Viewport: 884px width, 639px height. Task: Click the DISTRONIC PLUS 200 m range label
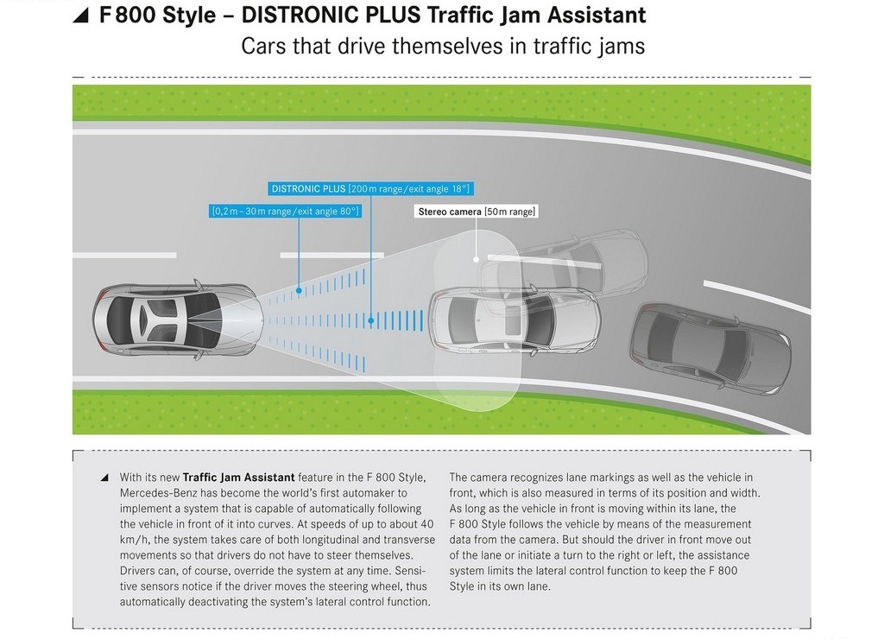click(x=369, y=189)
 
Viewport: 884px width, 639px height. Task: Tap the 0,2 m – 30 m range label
click(x=285, y=212)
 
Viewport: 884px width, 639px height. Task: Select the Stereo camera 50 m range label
click(x=477, y=212)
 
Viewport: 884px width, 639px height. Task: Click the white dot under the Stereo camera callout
click(x=477, y=259)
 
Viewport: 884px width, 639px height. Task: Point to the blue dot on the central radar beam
click(x=371, y=320)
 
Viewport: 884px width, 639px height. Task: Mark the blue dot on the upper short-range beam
click(x=299, y=290)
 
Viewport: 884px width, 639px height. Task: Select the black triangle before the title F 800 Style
click(x=82, y=16)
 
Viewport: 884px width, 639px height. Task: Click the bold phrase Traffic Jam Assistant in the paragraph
click(x=238, y=478)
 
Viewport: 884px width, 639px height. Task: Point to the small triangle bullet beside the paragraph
click(x=104, y=478)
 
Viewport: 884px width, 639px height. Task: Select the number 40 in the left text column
click(x=426, y=524)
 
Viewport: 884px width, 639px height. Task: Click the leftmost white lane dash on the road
click(x=124, y=256)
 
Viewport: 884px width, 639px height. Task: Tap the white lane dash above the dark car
click(x=756, y=297)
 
